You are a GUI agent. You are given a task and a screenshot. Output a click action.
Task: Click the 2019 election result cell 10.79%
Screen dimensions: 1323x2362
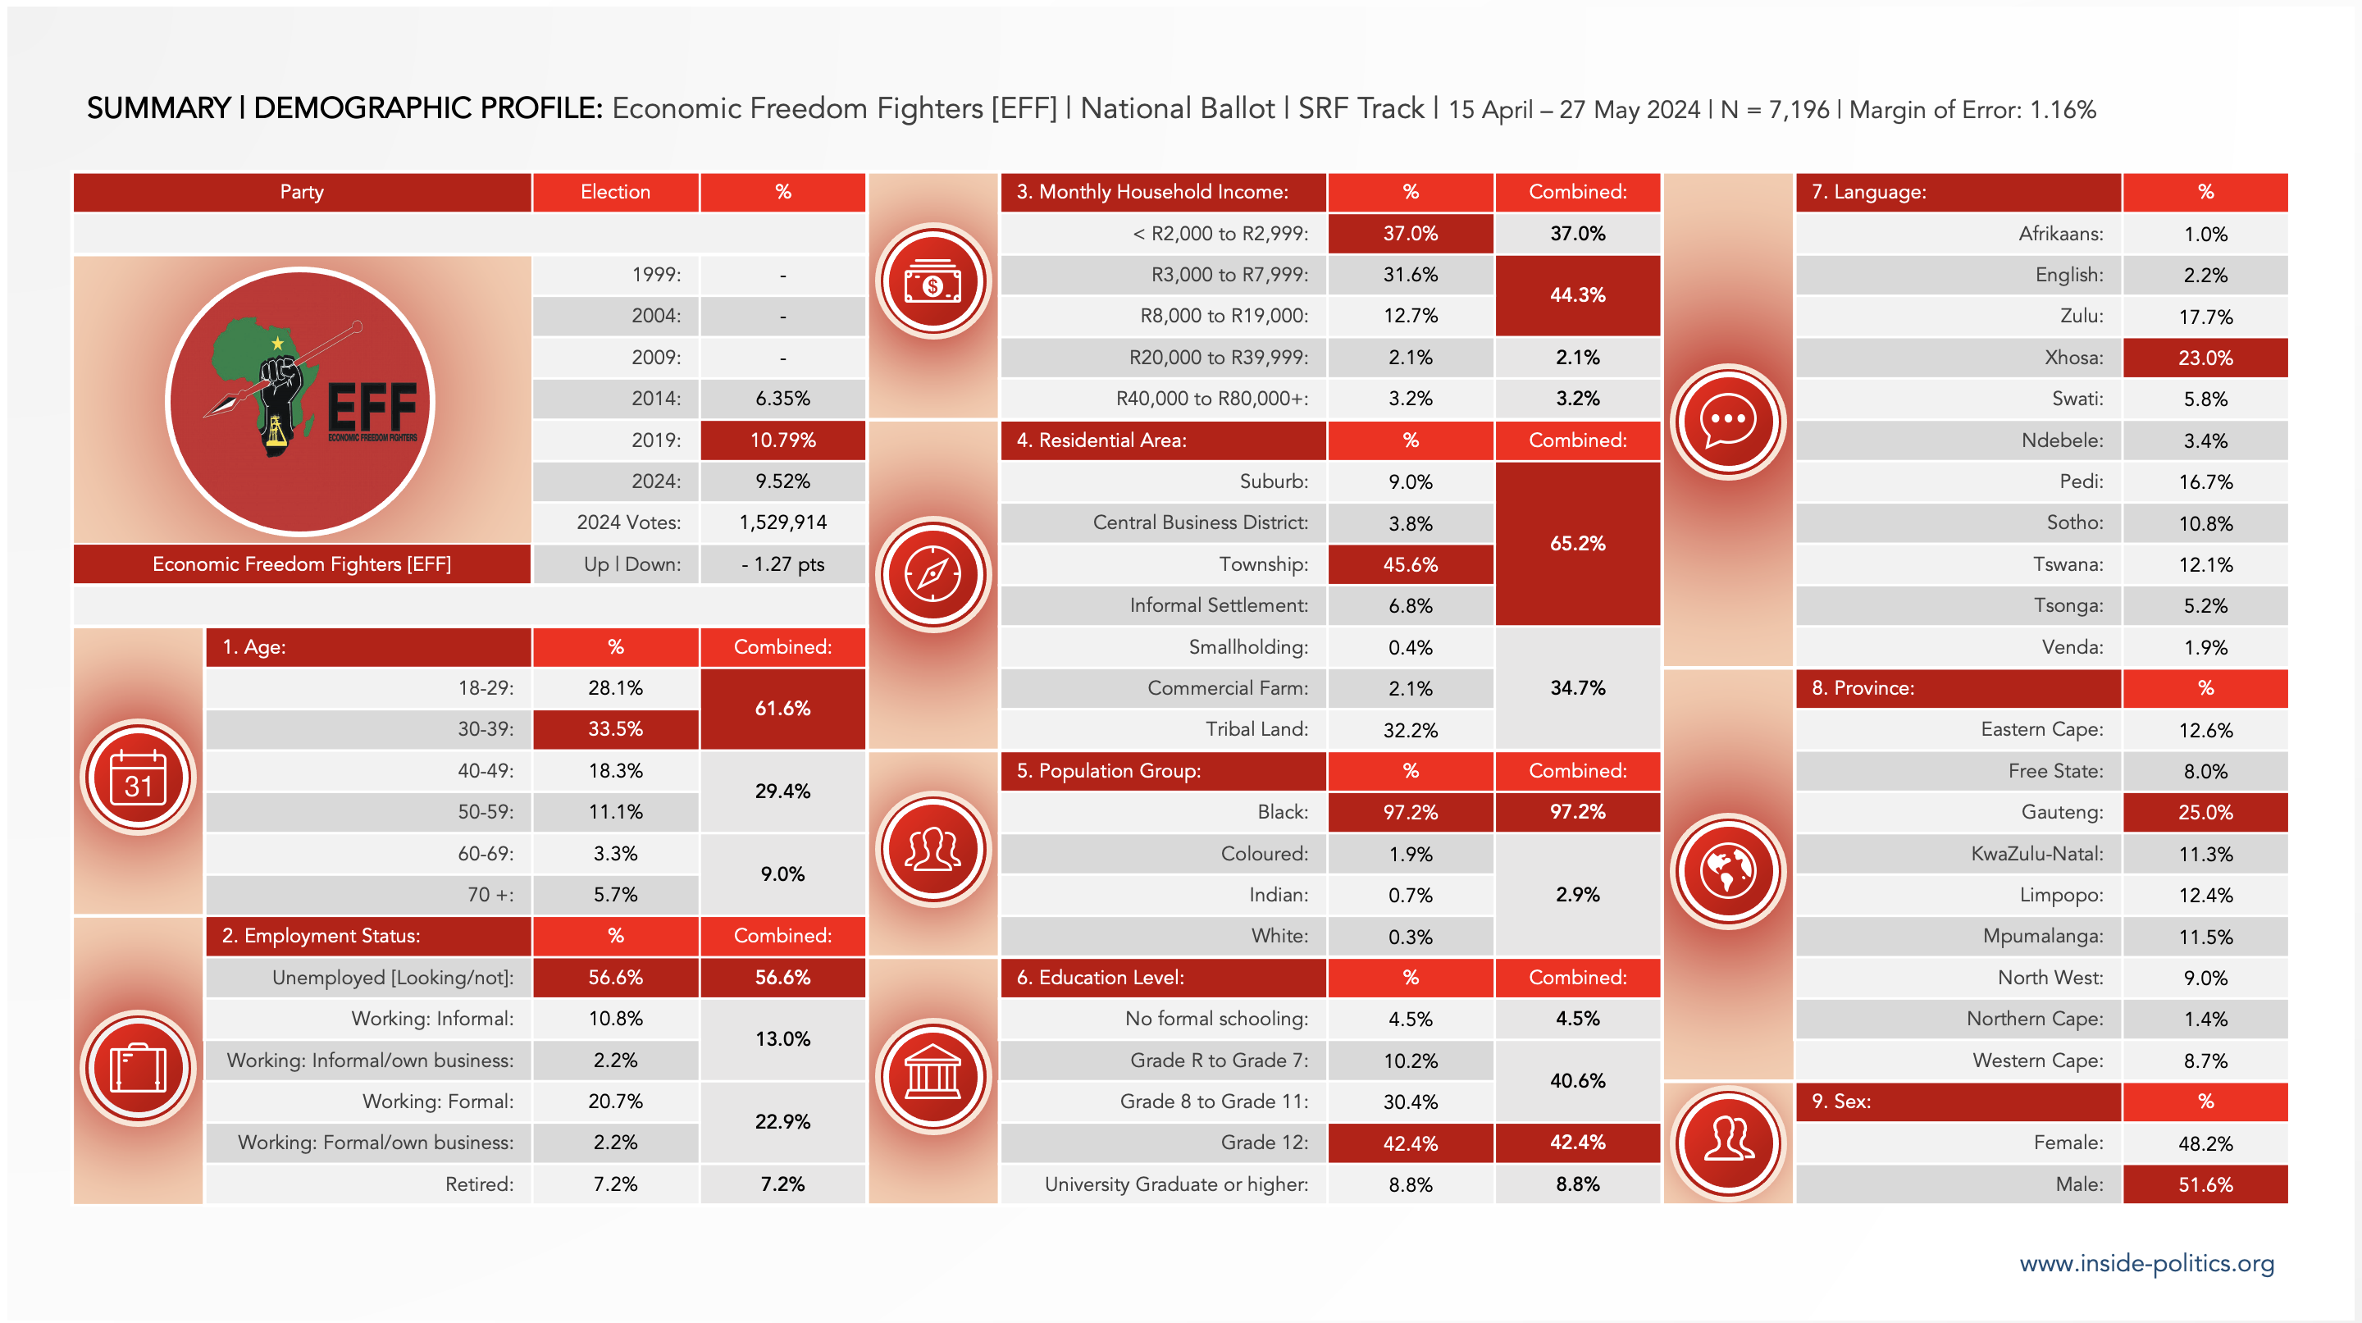(x=782, y=440)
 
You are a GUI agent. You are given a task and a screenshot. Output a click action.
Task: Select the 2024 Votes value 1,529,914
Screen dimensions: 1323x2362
(x=782, y=522)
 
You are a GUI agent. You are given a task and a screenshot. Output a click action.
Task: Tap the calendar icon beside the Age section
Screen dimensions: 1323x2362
(x=138, y=778)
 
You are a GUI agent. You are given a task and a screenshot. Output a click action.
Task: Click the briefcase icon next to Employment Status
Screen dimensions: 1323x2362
(x=138, y=1068)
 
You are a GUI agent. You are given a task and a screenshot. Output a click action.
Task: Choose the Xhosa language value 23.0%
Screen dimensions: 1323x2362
(x=2205, y=358)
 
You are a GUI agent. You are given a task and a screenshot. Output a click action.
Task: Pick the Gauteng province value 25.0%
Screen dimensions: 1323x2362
(x=2205, y=812)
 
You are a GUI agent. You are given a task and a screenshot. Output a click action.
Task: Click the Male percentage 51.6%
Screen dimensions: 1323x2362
(x=2205, y=1184)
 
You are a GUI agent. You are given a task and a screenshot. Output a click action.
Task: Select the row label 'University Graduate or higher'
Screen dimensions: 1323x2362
(x=1175, y=1184)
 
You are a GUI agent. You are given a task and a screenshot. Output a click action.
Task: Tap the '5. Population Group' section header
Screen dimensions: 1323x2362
(x=1162, y=771)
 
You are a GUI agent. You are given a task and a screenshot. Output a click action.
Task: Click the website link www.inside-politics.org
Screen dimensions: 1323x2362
(x=2146, y=1263)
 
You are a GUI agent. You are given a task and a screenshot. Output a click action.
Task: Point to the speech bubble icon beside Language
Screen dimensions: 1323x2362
(x=1727, y=422)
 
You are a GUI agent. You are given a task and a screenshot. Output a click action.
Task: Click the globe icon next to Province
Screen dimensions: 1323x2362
(x=1727, y=871)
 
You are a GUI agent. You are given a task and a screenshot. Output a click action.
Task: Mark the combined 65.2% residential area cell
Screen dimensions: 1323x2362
(x=1577, y=544)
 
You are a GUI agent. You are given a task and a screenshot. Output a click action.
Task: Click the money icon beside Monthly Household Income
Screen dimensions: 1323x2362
(x=932, y=281)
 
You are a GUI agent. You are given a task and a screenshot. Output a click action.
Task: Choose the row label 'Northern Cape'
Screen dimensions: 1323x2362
(x=2034, y=1019)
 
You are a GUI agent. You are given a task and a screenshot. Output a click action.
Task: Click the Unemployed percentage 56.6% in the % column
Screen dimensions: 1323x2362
(x=615, y=978)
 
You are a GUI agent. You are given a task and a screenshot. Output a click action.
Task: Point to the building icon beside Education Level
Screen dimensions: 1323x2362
(x=932, y=1076)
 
